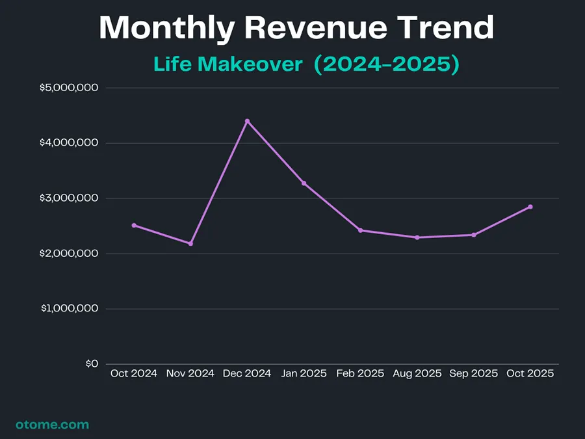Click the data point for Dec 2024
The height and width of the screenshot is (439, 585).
click(247, 121)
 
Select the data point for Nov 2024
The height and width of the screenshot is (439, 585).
click(190, 243)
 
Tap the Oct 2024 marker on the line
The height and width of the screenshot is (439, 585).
click(134, 225)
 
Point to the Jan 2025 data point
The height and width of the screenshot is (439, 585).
click(304, 183)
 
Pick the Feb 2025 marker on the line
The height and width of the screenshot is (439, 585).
click(360, 230)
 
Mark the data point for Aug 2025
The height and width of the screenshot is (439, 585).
click(417, 237)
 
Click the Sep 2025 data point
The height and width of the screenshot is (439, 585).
click(473, 235)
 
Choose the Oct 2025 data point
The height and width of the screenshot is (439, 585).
click(530, 207)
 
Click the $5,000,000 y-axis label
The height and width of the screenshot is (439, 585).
click(69, 88)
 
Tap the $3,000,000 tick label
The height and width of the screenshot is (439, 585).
click(69, 198)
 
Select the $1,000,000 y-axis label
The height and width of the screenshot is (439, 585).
click(69, 309)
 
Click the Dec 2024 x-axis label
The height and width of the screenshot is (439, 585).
click(247, 374)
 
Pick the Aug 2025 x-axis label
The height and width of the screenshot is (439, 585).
click(417, 374)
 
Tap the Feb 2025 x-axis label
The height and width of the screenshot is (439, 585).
click(360, 374)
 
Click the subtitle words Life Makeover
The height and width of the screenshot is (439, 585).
click(228, 64)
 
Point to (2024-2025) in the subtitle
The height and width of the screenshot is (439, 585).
click(387, 64)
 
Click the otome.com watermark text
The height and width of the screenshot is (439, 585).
click(52, 425)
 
